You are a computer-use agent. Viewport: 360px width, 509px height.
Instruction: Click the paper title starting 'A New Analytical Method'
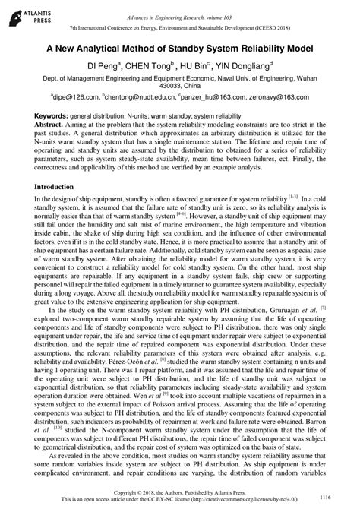click(x=180, y=46)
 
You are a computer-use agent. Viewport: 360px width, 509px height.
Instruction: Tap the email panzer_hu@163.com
click(x=216, y=97)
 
